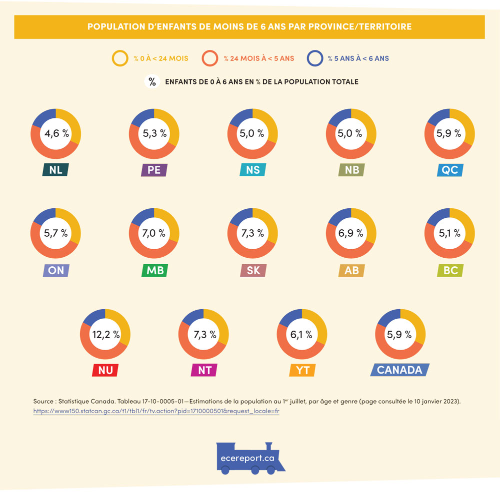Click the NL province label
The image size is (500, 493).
(55, 170)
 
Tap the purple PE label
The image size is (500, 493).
(154, 170)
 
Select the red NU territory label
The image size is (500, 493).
(105, 370)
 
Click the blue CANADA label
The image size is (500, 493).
(399, 370)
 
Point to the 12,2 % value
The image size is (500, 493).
(105, 335)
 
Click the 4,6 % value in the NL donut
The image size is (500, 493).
(56, 133)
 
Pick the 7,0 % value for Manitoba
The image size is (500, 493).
(154, 233)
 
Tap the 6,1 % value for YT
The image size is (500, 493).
(301, 334)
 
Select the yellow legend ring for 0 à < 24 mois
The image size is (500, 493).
(120, 58)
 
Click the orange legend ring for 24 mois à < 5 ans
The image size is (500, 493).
(210, 58)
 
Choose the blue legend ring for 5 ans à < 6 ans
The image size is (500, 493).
(314, 58)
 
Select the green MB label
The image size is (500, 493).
(154, 270)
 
